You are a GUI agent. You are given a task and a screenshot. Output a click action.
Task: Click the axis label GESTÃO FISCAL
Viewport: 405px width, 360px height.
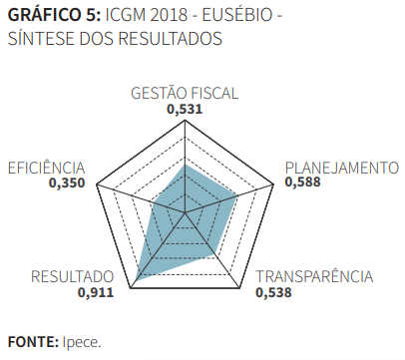coord(186,94)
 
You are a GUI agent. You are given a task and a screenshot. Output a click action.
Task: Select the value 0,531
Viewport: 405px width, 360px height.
coord(186,110)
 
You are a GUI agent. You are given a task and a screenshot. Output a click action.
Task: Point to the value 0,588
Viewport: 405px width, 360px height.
coord(304,182)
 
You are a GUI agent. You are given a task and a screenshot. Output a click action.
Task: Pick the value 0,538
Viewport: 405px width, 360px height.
coord(274,293)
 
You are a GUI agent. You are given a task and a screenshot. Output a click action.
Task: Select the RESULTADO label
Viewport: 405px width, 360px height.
coord(72,277)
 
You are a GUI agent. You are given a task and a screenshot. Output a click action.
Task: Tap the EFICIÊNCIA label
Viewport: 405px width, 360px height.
coord(47,168)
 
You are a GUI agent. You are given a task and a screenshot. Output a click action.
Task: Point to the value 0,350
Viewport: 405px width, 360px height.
coord(68,183)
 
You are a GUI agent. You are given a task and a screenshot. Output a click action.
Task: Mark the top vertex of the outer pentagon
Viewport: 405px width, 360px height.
coord(186,123)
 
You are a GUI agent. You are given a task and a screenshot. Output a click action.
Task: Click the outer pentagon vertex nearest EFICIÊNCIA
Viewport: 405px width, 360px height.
coord(97,185)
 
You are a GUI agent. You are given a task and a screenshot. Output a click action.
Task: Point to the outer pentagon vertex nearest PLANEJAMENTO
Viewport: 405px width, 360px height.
coord(274,185)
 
